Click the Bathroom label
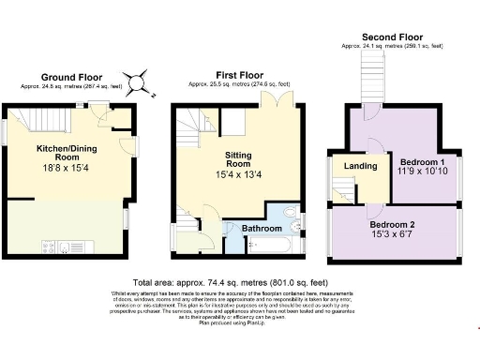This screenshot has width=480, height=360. tap(262, 228)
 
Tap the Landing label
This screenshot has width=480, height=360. tap(361, 167)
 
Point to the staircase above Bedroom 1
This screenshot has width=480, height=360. tap(374, 72)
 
